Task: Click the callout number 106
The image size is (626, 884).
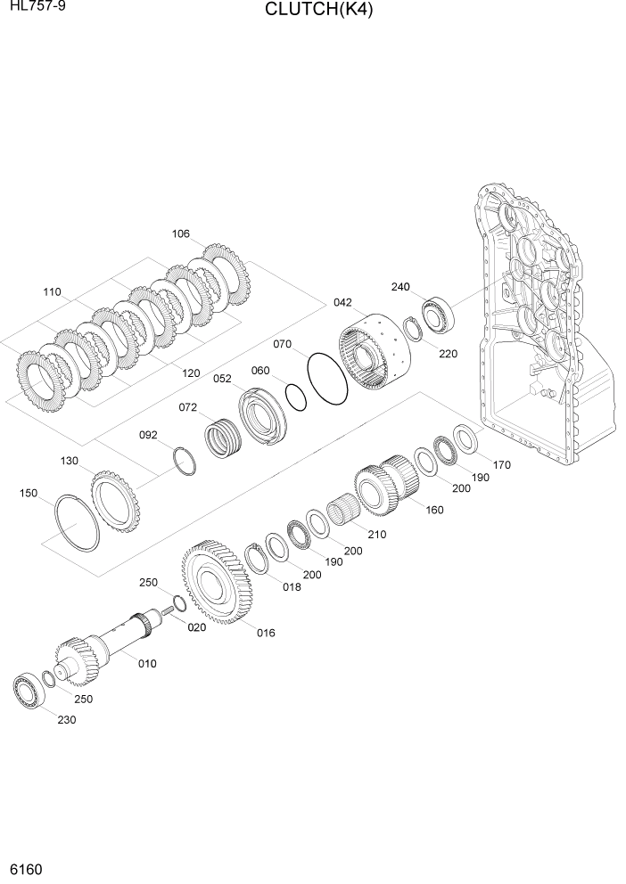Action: [180, 234]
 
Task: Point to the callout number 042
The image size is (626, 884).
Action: [342, 302]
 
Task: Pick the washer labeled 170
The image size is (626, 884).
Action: [464, 438]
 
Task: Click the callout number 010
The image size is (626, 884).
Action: [146, 662]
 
